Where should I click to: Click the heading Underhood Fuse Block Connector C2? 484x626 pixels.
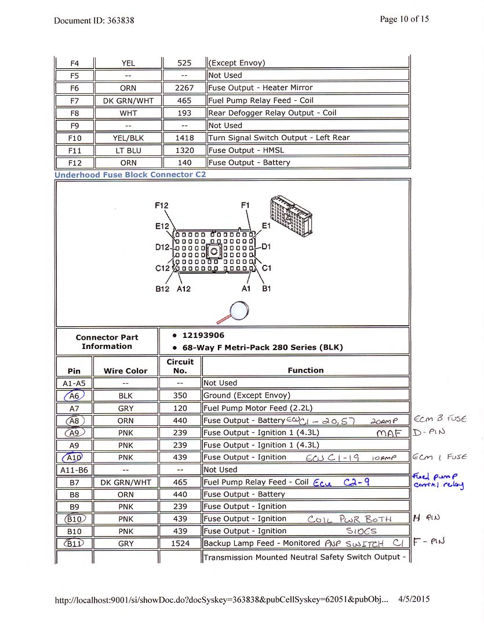coord(130,174)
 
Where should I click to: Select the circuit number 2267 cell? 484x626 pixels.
coord(183,88)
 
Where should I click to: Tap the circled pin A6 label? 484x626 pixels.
coord(74,395)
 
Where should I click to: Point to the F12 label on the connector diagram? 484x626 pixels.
coord(162,206)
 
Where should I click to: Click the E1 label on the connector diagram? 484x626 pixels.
coord(266,226)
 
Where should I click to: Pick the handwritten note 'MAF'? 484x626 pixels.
coord(388,433)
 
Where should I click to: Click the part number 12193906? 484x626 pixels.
coord(203,336)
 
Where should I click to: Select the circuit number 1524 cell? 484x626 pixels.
coord(180,544)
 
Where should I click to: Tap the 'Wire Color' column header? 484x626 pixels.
coord(125,371)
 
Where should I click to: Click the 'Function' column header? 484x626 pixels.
coord(305,370)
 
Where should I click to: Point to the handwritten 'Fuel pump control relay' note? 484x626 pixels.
coord(438,481)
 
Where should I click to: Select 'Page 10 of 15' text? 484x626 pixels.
coord(404,19)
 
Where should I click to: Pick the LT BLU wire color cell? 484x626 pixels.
coord(128,151)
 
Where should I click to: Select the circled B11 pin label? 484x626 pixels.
coord(74,544)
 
